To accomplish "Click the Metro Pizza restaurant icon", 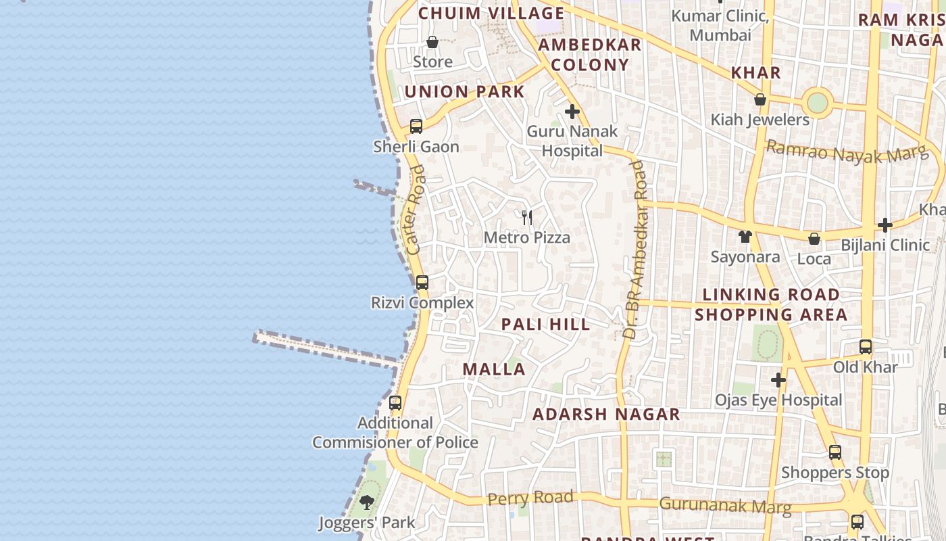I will (x=527, y=218).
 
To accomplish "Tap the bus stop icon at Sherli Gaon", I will (x=416, y=126).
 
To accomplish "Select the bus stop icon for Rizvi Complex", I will (x=422, y=283).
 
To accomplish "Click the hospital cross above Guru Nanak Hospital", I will (x=572, y=112).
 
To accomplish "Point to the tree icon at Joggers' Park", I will (x=367, y=502).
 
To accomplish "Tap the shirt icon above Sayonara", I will (x=745, y=237).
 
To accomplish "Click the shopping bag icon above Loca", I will (x=814, y=239).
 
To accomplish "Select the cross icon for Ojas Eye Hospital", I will (x=778, y=381).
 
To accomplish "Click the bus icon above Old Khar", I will (x=866, y=347).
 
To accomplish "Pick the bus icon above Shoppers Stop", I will (x=835, y=452).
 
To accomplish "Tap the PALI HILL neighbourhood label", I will (x=546, y=325).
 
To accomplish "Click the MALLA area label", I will (x=494, y=369).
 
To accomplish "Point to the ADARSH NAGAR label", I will (x=606, y=415).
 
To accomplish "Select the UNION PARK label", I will (x=465, y=92).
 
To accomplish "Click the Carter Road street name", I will (x=416, y=210).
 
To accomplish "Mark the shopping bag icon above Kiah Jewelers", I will (x=760, y=100).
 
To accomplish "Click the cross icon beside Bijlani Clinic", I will (x=885, y=225).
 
